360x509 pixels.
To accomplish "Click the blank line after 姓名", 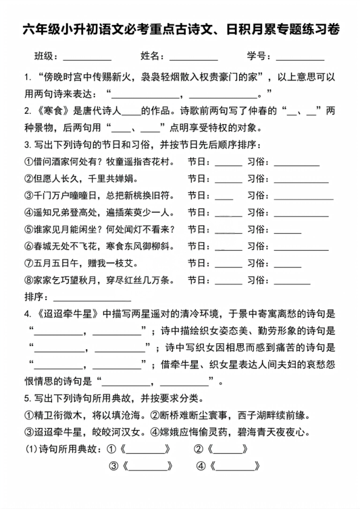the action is [193, 58].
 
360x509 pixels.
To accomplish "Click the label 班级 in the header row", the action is [46, 56].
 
